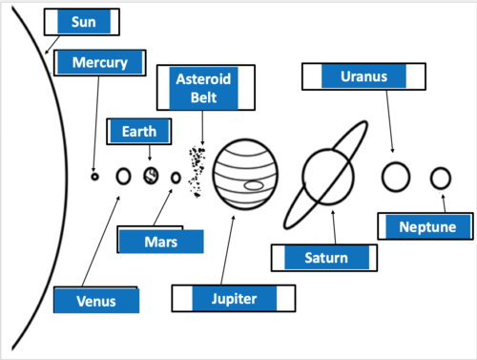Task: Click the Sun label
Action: (x=82, y=22)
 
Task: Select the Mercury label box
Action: (x=100, y=63)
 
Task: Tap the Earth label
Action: (x=139, y=132)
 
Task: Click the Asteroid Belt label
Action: (x=206, y=88)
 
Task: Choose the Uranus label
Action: (x=363, y=76)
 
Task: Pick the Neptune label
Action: (x=425, y=226)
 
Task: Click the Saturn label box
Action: (x=324, y=258)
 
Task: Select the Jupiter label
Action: (x=234, y=299)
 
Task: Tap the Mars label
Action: (x=160, y=241)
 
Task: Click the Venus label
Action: (x=96, y=300)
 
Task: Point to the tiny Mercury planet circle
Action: (x=94, y=177)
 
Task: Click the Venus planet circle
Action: (x=123, y=176)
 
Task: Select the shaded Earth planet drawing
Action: (x=151, y=176)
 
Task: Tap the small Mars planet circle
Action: (x=176, y=178)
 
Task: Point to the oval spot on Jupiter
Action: (x=254, y=185)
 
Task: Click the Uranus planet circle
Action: (x=396, y=177)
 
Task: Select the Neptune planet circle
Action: (x=441, y=178)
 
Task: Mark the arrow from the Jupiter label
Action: (x=227, y=250)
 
